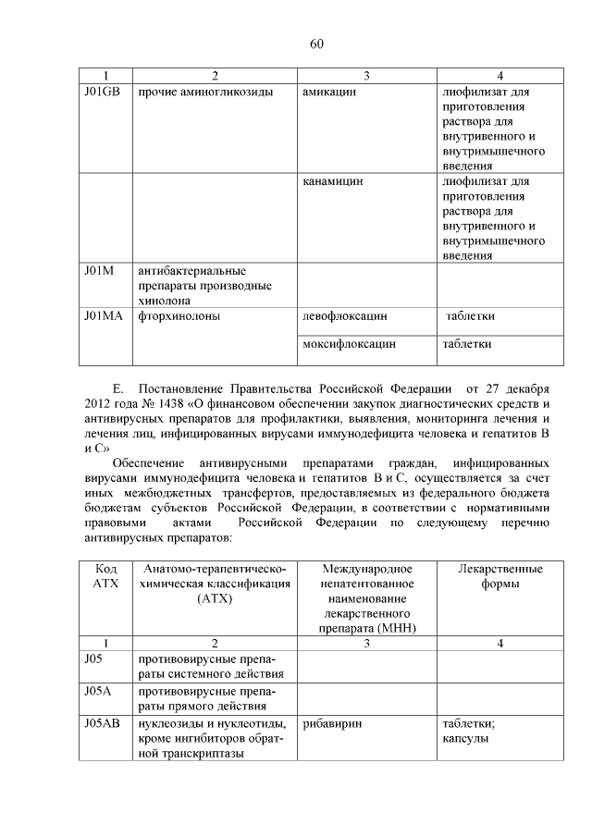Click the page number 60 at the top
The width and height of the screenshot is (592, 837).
point(315,43)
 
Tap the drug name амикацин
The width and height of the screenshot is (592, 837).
point(329,93)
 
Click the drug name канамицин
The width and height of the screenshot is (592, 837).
point(333,181)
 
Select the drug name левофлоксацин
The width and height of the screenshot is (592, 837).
point(344,315)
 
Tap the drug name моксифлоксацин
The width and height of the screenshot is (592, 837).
point(349,344)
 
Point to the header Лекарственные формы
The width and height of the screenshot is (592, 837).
point(499,575)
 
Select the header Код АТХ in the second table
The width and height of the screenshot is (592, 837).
point(105,575)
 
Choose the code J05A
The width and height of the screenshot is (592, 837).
point(98,690)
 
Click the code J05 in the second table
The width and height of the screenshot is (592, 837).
point(92,659)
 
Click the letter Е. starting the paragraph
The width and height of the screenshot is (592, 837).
point(117,388)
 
